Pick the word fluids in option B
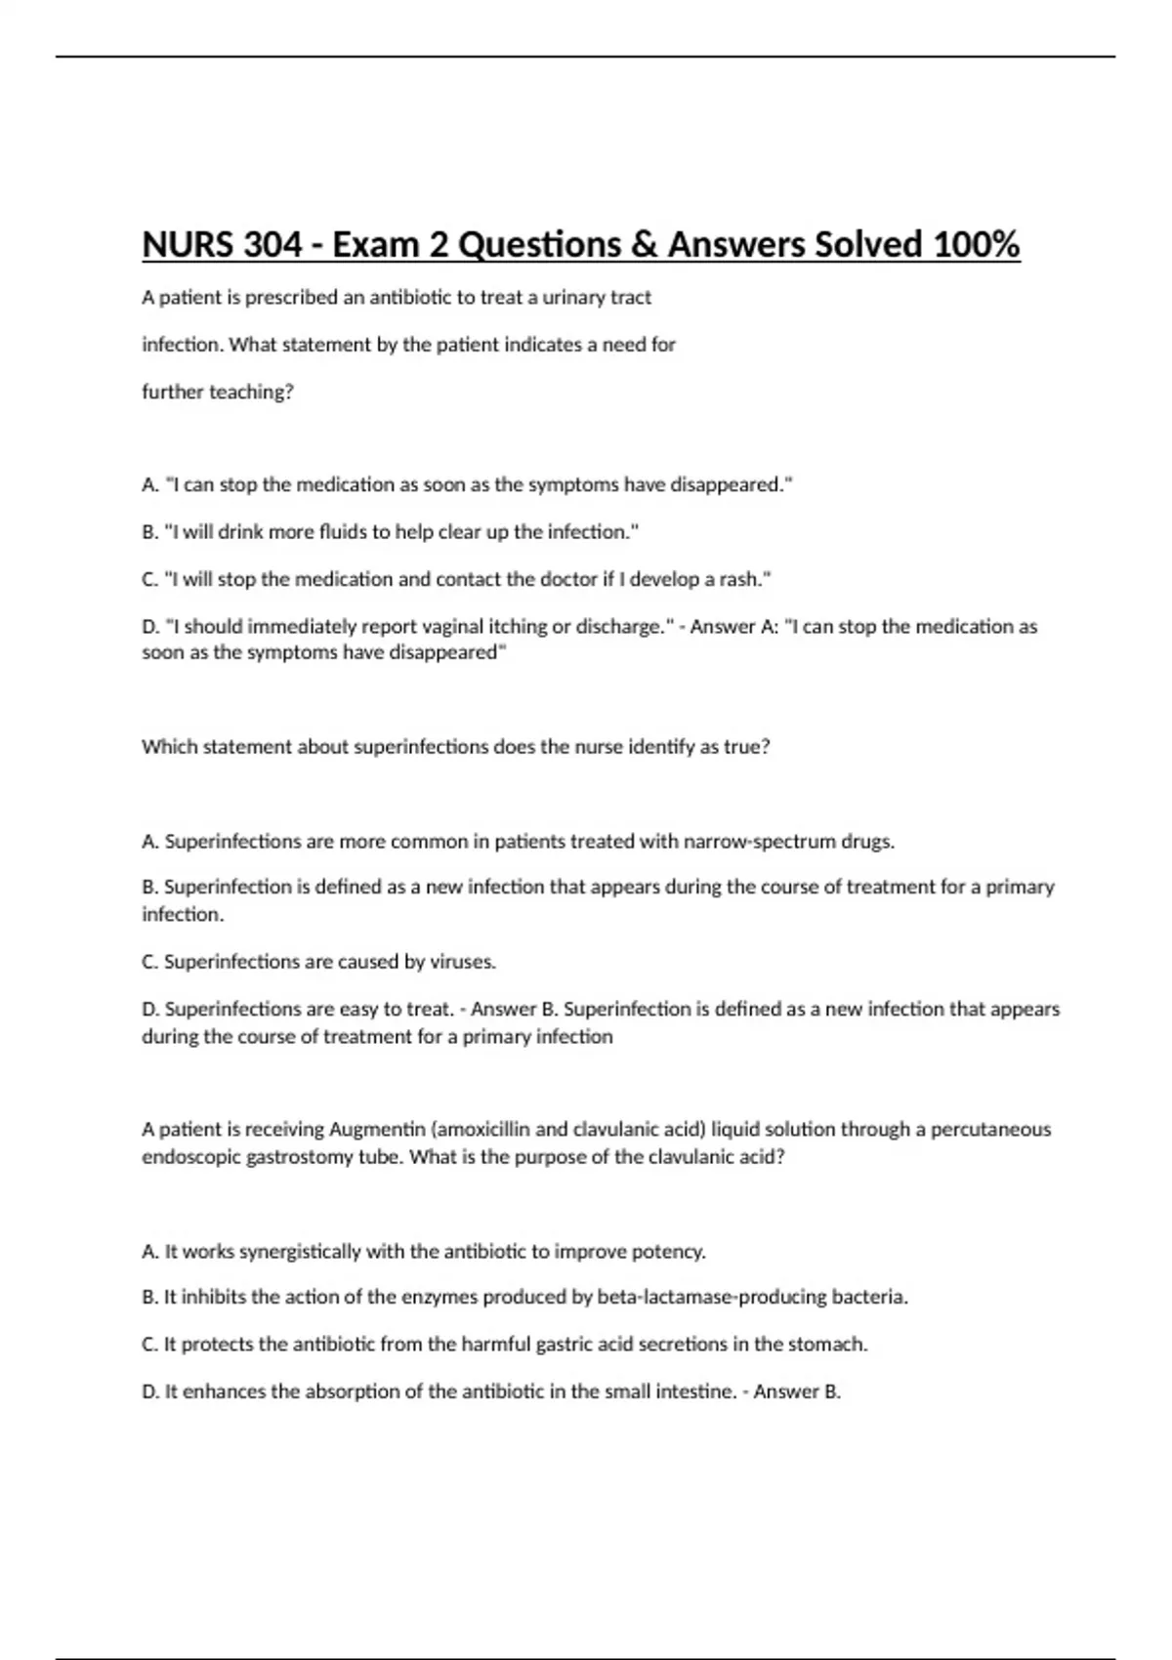pos(340,532)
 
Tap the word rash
pos(745,580)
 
